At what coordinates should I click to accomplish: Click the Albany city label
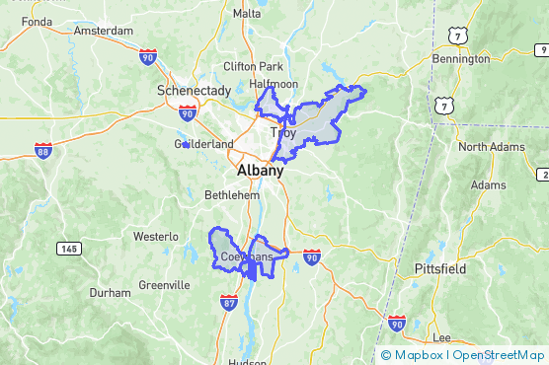pos(260,170)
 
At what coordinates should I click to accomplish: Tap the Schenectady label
pos(194,90)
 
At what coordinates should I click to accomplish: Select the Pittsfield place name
pos(439,268)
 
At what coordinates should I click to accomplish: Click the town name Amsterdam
pos(103,31)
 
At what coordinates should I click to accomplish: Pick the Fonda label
pos(36,21)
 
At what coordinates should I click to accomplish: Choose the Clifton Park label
pos(253,66)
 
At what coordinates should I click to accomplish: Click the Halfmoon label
pos(274,85)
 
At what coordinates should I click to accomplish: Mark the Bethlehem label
pos(232,195)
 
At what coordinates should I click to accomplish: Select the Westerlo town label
pos(156,237)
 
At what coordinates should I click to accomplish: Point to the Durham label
pos(110,293)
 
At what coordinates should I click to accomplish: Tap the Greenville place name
pos(164,285)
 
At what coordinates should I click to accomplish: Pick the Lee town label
pos(441,337)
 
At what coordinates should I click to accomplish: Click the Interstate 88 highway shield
pos(42,150)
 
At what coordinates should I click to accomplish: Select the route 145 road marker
pos(69,249)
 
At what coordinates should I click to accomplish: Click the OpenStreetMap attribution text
pos(498,355)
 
